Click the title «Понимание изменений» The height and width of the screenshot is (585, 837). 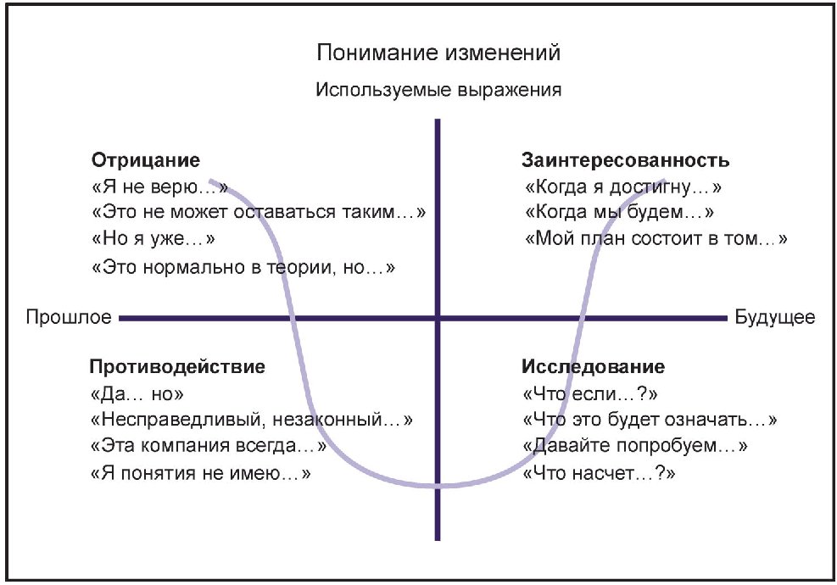click(x=438, y=53)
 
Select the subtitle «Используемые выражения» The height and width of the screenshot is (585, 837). click(x=438, y=90)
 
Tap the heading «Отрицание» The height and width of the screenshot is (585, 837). click(x=145, y=159)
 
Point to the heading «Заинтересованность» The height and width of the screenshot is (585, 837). click(x=626, y=159)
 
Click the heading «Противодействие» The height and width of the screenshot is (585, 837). click(x=177, y=367)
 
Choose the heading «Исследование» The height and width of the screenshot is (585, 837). click(x=593, y=367)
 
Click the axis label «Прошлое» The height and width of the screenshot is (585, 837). click(x=69, y=318)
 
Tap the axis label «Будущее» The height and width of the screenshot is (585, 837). click(x=775, y=318)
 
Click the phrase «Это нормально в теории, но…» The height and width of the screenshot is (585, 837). click(x=243, y=266)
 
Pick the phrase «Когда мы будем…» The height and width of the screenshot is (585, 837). click(x=619, y=212)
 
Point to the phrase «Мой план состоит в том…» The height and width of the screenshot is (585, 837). click(x=656, y=238)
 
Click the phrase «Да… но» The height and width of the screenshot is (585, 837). click(x=137, y=394)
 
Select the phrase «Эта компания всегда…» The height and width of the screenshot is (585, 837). click(x=208, y=447)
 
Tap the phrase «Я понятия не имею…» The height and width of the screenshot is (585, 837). click(x=200, y=474)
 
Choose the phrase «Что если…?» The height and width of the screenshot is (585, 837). click(x=591, y=394)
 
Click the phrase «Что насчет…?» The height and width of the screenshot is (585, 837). click(x=600, y=474)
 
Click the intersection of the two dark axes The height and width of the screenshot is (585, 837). click(x=438, y=318)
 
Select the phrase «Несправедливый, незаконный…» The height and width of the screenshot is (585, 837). click(x=251, y=421)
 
